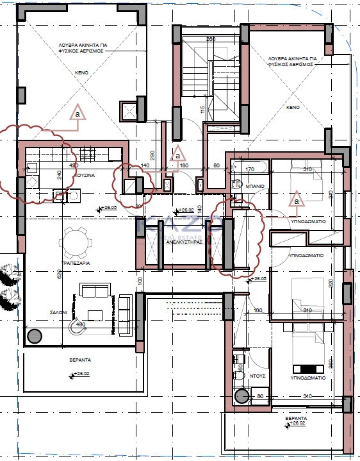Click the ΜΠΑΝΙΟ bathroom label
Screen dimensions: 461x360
coord(256,186)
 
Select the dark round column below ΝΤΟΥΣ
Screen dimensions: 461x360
coord(241,396)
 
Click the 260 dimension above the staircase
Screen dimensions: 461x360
coord(210,39)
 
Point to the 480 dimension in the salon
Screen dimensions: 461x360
coord(81,324)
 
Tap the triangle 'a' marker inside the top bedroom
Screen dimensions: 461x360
coord(296,201)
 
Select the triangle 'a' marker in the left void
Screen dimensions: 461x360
coord(78,112)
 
